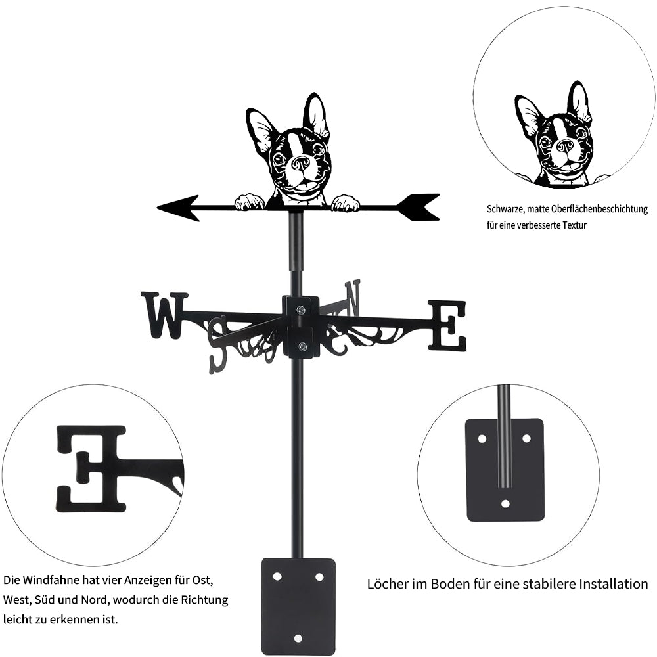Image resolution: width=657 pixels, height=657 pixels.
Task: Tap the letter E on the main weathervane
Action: pyautogui.click(x=447, y=325)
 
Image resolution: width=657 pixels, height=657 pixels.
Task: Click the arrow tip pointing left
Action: pyautogui.click(x=158, y=208)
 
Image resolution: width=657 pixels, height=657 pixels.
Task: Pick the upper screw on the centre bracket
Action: pyautogui.click(x=301, y=310)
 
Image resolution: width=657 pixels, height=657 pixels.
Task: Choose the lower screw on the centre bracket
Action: pyautogui.click(x=302, y=346)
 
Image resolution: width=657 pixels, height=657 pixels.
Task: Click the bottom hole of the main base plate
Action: pyautogui.click(x=298, y=639)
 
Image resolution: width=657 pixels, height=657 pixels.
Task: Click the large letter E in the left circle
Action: pyautogui.click(x=91, y=469)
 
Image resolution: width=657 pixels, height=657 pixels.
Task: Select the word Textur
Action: pyautogui.click(x=574, y=225)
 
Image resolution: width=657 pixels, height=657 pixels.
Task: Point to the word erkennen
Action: pyautogui.click(x=70, y=620)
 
